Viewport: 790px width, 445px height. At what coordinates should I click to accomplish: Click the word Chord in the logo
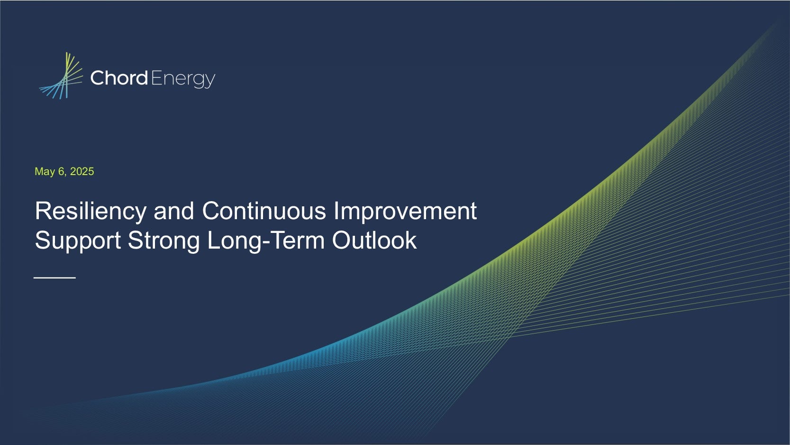pos(119,78)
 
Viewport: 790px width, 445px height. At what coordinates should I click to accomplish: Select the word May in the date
pos(45,172)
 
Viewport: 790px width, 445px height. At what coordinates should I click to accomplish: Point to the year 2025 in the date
pos(82,171)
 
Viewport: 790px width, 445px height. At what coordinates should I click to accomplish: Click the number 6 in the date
pos(62,171)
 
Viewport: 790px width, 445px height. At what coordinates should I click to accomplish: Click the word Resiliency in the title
pos(91,212)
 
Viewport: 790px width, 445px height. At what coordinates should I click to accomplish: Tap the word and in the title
pos(174,211)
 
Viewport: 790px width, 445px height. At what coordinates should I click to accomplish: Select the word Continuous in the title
pos(264,211)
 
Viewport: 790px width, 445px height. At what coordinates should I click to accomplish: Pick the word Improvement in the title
pos(405,212)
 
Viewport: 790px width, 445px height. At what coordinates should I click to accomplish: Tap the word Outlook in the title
pos(374,240)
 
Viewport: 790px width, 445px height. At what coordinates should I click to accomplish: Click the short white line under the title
pos(54,278)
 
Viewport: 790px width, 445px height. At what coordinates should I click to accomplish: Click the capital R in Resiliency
pos(43,211)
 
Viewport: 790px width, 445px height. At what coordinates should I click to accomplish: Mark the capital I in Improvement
pos(336,211)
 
